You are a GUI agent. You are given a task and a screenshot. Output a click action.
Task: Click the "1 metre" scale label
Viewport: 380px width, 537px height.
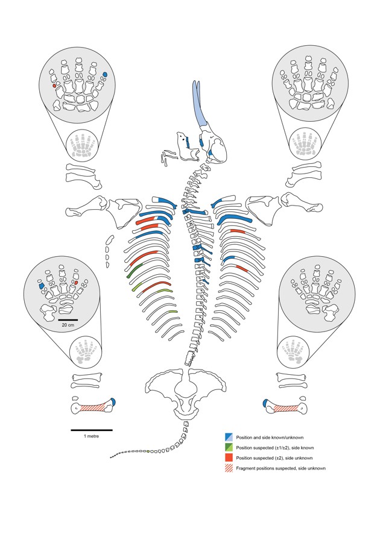point(92,436)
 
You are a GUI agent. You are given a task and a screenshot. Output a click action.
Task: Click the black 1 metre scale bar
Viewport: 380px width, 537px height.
point(92,430)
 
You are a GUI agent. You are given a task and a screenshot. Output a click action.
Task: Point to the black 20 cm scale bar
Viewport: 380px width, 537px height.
point(68,319)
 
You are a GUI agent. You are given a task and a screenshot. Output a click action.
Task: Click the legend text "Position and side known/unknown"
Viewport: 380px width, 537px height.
point(265,437)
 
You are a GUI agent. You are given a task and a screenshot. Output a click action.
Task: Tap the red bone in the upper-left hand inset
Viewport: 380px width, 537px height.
point(54,86)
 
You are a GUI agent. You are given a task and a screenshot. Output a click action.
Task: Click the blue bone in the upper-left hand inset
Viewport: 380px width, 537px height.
point(105,74)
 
